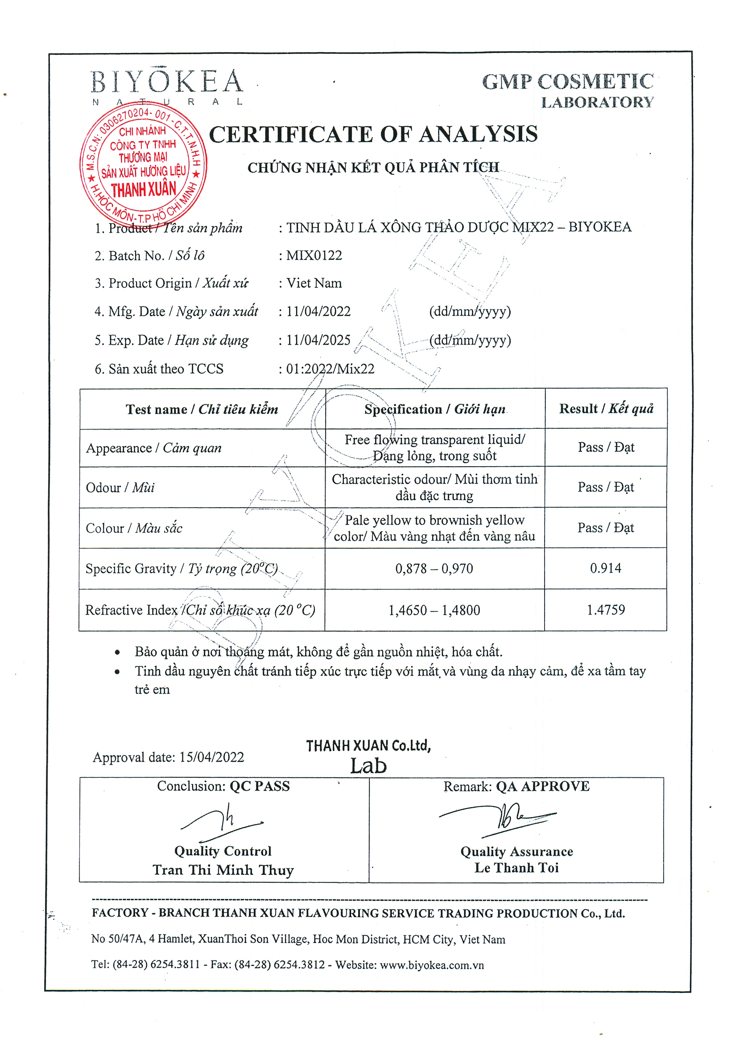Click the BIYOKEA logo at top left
click(166, 82)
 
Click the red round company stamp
click(143, 164)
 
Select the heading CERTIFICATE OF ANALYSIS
click(373, 134)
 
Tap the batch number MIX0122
click(314, 255)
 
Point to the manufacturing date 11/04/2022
click(318, 312)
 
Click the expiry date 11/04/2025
click(318, 340)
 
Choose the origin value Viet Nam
click(314, 283)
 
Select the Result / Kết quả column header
click(606, 409)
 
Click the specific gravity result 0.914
click(606, 568)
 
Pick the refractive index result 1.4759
click(606, 610)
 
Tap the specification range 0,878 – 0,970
click(434, 569)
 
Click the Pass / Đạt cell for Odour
click(606, 487)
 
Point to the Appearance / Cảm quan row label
click(154, 448)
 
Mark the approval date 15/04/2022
click(211, 757)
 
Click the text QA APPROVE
click(543, 787)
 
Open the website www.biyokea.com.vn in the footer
click(432, 965)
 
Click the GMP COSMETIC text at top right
click(568, 82)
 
